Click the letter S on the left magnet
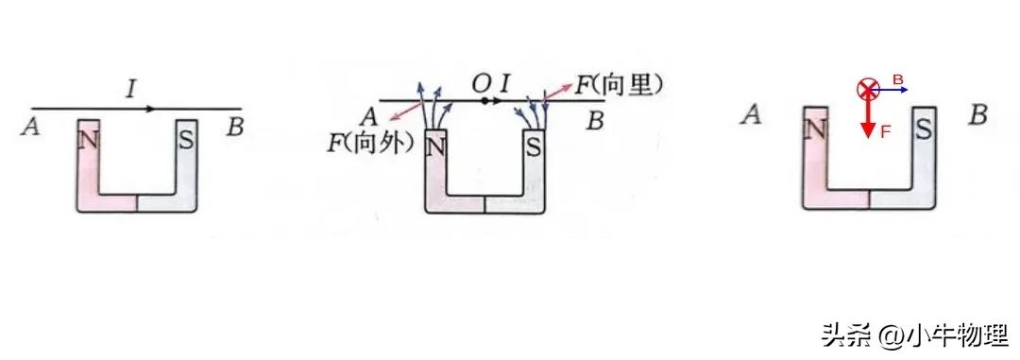[x=186, y=139]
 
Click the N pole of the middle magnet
[x=436, y=148]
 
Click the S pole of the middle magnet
[x=534, y=147]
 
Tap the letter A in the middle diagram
[x=369, y=117]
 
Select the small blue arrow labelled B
[x=894, y=90]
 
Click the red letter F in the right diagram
[x=885, y=132]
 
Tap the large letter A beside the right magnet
[x=752, y=116]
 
